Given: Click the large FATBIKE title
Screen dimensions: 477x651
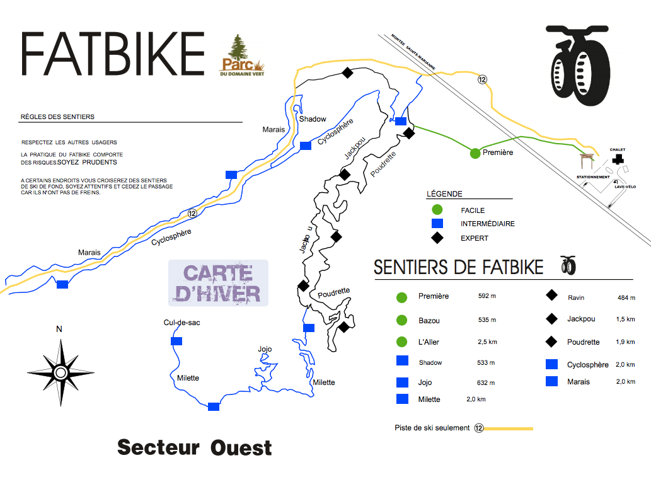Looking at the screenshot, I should [x=113, y=54].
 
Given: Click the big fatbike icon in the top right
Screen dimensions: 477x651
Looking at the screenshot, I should [x=578, y=62].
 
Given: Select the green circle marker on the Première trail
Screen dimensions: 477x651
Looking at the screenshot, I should [x=475, y=152].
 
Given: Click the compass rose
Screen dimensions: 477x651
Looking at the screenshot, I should [x=60, y=372].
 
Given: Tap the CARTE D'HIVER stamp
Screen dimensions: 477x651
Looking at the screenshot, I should [x=218, y=283].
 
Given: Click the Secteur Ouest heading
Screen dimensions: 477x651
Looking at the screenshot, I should [x=195, y=447].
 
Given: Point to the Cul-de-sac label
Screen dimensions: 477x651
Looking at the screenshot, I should [x=181, y=323].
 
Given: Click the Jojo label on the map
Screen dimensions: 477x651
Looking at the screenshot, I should [x=265, y=349].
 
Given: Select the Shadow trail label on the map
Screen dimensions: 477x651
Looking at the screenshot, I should [x=313, y=119].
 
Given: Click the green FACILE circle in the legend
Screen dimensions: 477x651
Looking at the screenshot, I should [x=437, y=210].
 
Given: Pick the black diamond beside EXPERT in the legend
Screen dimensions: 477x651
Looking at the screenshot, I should [x=437, y=238].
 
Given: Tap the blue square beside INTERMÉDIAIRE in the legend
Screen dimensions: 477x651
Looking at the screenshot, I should [x=437, y=224].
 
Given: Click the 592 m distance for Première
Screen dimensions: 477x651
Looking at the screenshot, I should [x=487, y=296].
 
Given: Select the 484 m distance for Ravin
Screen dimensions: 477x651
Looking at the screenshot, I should [x=627, y=297].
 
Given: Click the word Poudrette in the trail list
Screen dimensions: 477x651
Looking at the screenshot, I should [x=583, y=342].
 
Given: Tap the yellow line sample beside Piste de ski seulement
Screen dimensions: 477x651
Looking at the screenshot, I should [x=508, y=428].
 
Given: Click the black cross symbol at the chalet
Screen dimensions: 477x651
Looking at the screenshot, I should [x=618, y=159].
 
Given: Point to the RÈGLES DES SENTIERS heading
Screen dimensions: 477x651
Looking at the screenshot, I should [x=57, y=117].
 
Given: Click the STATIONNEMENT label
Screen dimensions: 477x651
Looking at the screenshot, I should [x=593, y=177].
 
